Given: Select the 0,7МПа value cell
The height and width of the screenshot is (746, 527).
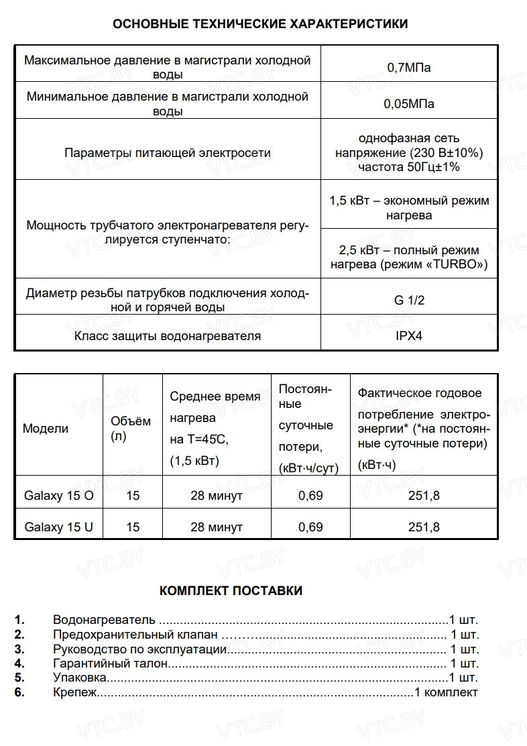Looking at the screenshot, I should coord(409,67).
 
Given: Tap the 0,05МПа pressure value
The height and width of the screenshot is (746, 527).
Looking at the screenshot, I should coord(409,104).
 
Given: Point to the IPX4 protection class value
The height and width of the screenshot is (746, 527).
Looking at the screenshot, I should coord(409,335).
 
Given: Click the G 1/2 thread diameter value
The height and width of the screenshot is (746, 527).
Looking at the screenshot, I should coord(409,300).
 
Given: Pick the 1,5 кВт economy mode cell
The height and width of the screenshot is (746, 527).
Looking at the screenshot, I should coord(409,208).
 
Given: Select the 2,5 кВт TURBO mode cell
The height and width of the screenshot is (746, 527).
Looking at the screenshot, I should coord(409,257).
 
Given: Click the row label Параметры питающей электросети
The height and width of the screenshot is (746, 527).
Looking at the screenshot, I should coord(168,153).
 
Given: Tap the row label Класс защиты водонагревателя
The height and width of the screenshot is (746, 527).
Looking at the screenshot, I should coord(168,335).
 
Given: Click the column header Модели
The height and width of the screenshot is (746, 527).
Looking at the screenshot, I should coord(46,429).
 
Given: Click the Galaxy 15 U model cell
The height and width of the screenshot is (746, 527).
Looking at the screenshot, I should coord(59,527).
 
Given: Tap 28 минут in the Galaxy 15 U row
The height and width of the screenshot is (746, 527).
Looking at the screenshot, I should coord(216,527).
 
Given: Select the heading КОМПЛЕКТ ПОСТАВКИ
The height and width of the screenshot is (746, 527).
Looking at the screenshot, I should coord(231,591).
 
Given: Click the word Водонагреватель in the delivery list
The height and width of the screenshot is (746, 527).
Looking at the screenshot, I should coord(104,619).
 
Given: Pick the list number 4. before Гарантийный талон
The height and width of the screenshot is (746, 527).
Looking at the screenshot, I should coord(19,663).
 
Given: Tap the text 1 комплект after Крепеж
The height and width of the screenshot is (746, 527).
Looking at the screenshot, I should coord(447,692).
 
